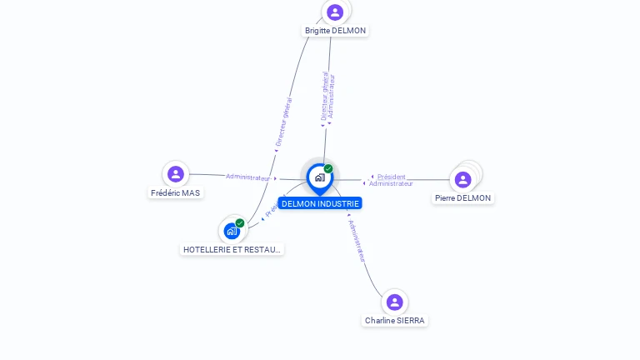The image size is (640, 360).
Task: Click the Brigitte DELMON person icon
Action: (335, 12)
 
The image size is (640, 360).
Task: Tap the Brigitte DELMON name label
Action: (335, 31)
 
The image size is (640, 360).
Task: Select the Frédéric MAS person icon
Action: (175, 174)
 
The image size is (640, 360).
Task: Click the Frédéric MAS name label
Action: (175, 193)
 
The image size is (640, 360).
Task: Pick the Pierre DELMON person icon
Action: (463, 179)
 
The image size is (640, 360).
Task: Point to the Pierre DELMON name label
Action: (463, 198)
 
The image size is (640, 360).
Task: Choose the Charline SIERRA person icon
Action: (395, 302)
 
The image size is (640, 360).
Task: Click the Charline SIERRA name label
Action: (395, 321)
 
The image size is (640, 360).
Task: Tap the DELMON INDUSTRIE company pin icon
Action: (319, 177)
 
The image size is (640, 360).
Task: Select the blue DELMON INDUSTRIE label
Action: (320, 203)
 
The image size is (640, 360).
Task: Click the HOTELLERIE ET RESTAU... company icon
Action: (232, 231)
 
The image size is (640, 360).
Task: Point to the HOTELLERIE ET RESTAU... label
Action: (232, 249)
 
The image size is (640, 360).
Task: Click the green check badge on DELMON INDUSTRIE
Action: (328, 168)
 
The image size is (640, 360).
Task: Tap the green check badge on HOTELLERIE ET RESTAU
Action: (240, 222)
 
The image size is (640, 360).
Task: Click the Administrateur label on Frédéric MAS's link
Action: (248, 177)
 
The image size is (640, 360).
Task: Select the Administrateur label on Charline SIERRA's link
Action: (357, 241)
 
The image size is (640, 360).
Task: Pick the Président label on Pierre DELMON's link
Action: (391, 177)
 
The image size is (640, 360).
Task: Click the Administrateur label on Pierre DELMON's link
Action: (391, 184)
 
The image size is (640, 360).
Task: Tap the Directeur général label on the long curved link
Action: (283, 122)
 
